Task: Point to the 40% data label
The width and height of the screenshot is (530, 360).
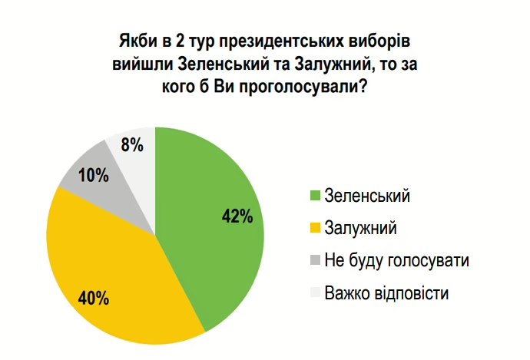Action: coord(93,298)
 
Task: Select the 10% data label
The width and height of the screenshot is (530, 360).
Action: coord(92,175)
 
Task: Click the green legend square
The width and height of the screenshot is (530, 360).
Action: coord(313,195)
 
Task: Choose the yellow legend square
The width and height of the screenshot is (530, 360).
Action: coord(313,228)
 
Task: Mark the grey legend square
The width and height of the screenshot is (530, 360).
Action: coord(313,261)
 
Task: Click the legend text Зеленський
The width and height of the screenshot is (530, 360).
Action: coord(367,195)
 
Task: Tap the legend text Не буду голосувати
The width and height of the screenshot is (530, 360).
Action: coord(396,261)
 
